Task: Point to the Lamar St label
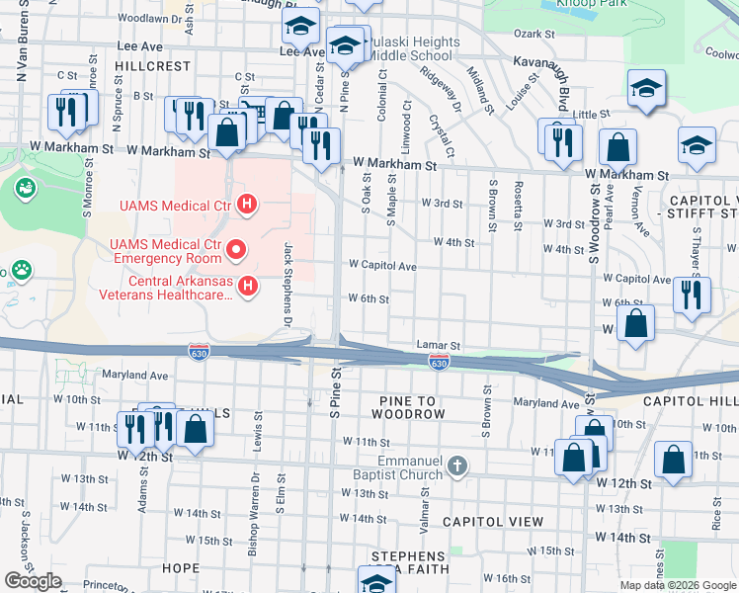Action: [x=442, y=345]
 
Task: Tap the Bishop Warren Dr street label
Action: [x=255, y=528]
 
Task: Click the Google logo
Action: [x=33, y=581]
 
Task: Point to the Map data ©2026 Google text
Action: [x=678, y=585]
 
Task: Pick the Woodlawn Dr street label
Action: [x=150, y=18]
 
